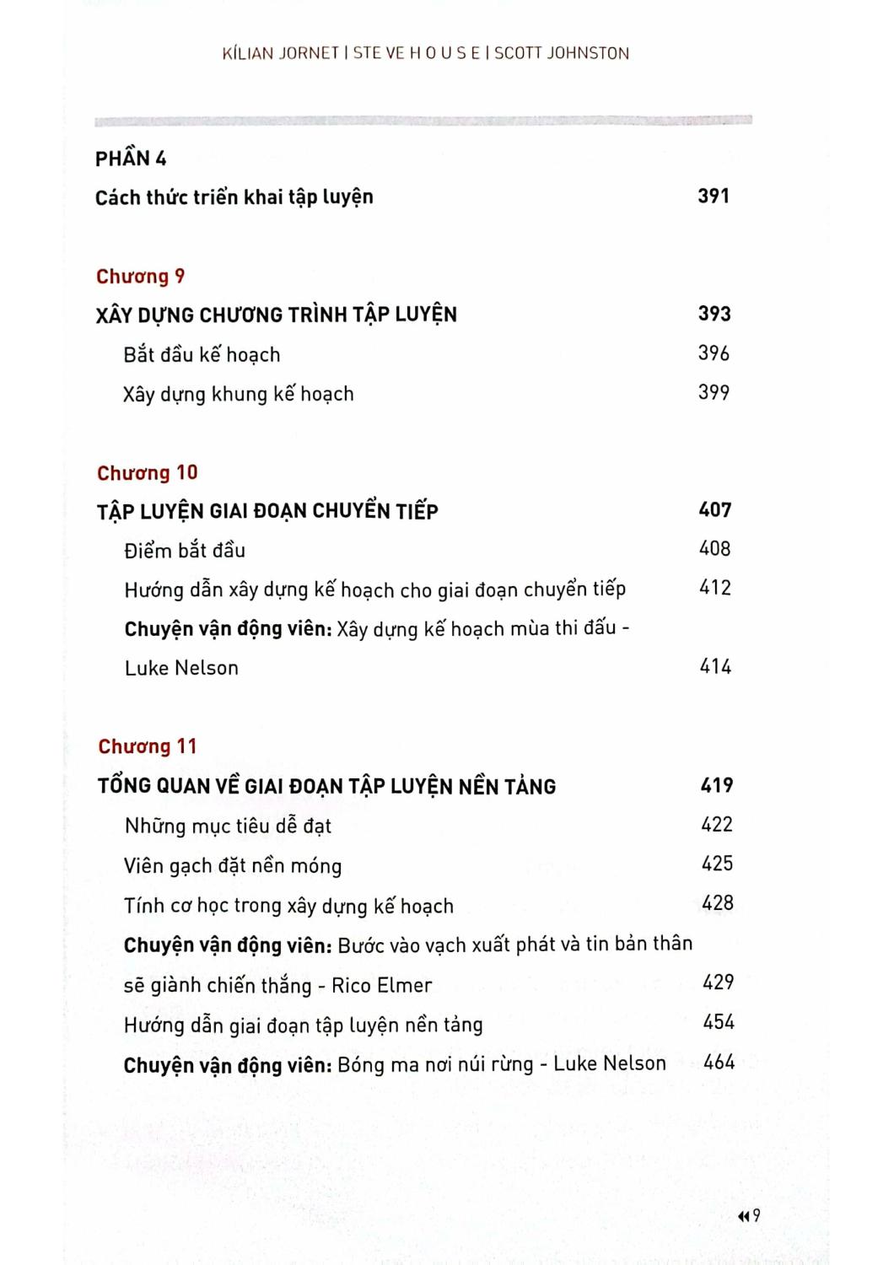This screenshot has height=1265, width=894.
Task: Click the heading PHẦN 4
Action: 131,159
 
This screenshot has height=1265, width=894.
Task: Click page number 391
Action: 714,196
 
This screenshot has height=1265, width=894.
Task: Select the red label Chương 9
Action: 140,277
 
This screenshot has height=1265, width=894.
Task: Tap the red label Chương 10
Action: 147,473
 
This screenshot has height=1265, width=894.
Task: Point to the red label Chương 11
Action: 147,746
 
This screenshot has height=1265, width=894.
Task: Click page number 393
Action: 714,314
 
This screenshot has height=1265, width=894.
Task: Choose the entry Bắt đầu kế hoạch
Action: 202,354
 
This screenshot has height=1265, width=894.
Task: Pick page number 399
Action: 714,392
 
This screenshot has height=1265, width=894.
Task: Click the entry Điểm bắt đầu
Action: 185,551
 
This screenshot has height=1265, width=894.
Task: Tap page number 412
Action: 715,588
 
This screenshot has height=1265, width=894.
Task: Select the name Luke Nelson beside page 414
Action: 181,668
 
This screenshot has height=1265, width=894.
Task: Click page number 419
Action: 717,785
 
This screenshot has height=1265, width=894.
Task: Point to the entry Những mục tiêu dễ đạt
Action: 228,826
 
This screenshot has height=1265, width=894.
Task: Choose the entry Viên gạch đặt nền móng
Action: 233,866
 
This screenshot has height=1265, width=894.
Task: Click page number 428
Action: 718,903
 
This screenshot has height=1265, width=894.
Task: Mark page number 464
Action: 719,1062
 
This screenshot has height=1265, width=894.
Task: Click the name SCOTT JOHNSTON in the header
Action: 562,53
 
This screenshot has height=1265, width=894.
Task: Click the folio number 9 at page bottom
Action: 756,1215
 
